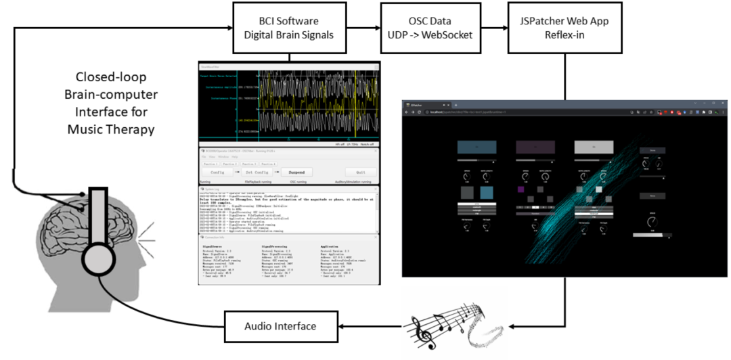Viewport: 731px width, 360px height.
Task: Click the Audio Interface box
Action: click(280, 327)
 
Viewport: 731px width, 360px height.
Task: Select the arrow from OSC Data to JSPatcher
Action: click(494, 28)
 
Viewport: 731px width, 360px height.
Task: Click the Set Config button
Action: click(254, 173)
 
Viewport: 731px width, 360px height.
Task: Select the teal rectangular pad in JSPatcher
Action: click(477, 147)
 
